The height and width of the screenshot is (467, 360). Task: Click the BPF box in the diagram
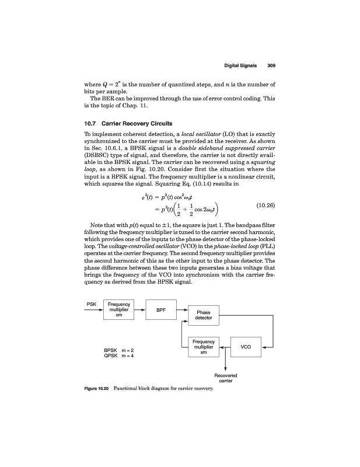[160, 311]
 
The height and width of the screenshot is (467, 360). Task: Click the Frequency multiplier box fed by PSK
[118, 310]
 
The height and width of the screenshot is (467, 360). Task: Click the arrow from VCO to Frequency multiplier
[225, 346]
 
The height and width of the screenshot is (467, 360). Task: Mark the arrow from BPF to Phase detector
[181, 310]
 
